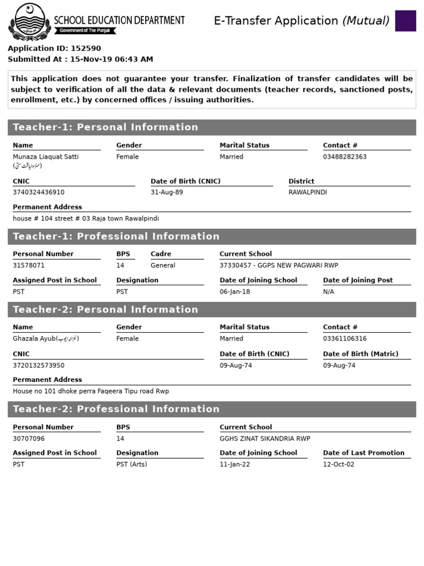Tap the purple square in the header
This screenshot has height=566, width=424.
click(405, 21)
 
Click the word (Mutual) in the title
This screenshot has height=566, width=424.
click(365, 21)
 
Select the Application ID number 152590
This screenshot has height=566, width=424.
click(86, 49)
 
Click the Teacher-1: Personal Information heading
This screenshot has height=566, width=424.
click(105, 127)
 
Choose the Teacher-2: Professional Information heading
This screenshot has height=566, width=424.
click(116, 409)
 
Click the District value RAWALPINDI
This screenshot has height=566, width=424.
click(308, 192)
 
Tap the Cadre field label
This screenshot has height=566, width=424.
click(161, 254)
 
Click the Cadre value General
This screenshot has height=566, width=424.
click(163, 265)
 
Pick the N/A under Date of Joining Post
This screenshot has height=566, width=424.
click(328, 291)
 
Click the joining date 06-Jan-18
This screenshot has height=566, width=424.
click(235, 291)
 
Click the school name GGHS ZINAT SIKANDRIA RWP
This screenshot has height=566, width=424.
click(265, 438)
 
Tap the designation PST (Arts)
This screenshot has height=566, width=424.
click(131, 464)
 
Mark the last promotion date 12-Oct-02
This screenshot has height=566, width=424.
click(338, 464)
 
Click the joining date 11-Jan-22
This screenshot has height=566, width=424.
click(235, 464)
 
